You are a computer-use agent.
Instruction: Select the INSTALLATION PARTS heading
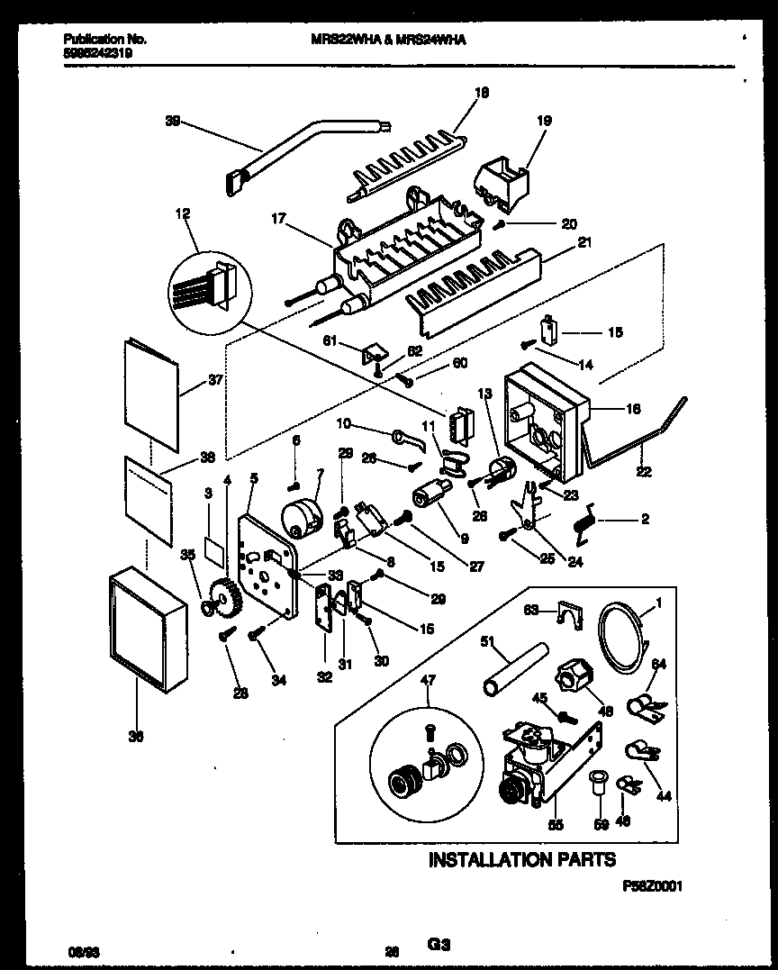pos(521,859)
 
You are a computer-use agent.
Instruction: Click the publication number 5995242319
pos(104,52)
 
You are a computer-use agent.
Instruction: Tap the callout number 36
pos(136,737)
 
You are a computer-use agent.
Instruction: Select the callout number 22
pos(644,471)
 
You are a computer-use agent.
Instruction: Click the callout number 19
pos(545,120)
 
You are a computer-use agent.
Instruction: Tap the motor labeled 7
pos(302,518)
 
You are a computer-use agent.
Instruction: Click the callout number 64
pos(658,665)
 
